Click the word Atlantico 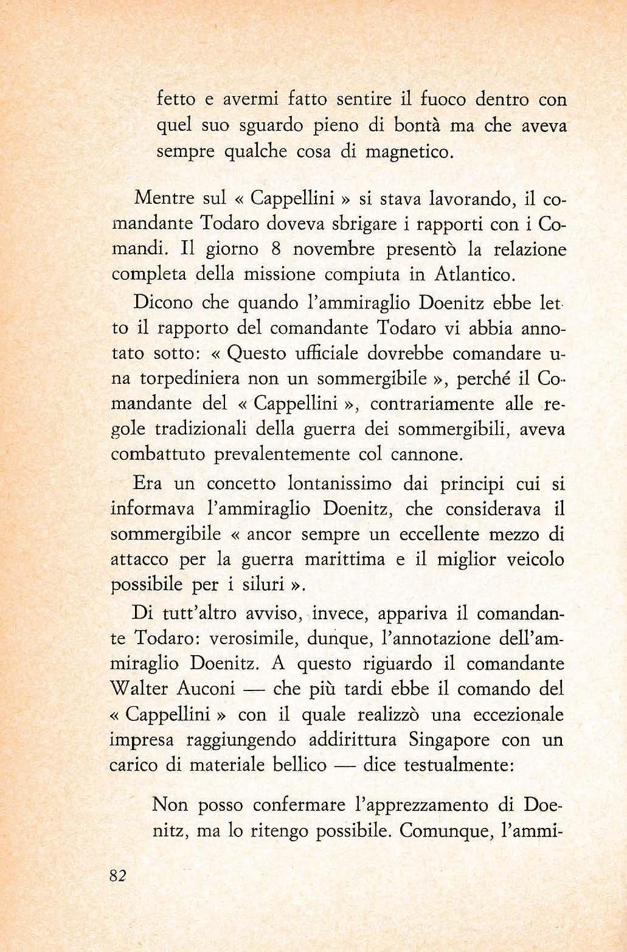click(476, 274)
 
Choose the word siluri click(252, 585)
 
